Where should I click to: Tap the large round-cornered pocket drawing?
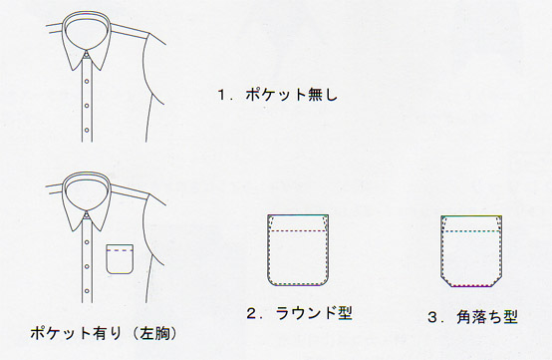pyautogui.click(x=299, y=248)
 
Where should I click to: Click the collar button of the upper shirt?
pyautogui.click(x=88, y=54)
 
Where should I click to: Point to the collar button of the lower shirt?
pyautogui.click(x=88, y=214)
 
